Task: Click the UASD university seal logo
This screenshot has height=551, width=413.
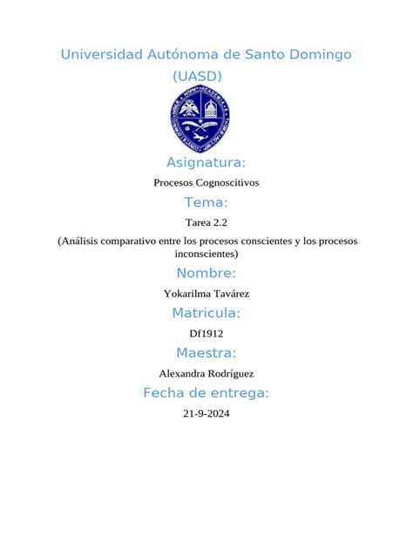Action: click(199, 120)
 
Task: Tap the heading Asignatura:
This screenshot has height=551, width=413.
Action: click(206, 163)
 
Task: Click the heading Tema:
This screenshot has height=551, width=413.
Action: click(206, 203)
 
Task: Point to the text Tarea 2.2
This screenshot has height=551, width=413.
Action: click(206, 222)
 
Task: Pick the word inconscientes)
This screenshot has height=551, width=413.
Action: click(206, 254)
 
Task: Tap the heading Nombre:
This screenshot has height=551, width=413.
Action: click(206, 275)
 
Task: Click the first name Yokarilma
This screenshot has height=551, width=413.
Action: click(187, 294)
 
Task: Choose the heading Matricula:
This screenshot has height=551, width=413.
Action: click(206, 314)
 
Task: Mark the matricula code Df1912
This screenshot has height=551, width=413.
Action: click(206, 333)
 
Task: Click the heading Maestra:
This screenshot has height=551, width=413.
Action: click(206, 353)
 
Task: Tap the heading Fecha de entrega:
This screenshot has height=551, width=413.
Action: click(206, 393)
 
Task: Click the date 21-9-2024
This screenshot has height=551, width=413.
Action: click(206, 414)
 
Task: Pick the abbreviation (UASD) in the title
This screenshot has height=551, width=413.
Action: click(198, 77)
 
